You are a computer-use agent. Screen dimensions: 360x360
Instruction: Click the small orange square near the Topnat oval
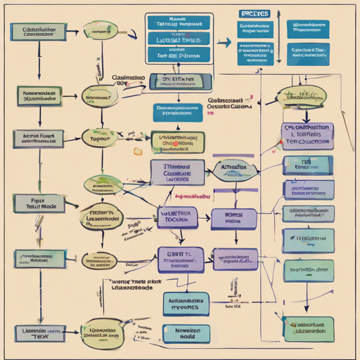[x=138, y=150]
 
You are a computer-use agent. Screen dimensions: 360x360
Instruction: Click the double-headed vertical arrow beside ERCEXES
[x=279, y=32]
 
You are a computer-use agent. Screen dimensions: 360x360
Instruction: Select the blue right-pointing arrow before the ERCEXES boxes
[x=224, y=43]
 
